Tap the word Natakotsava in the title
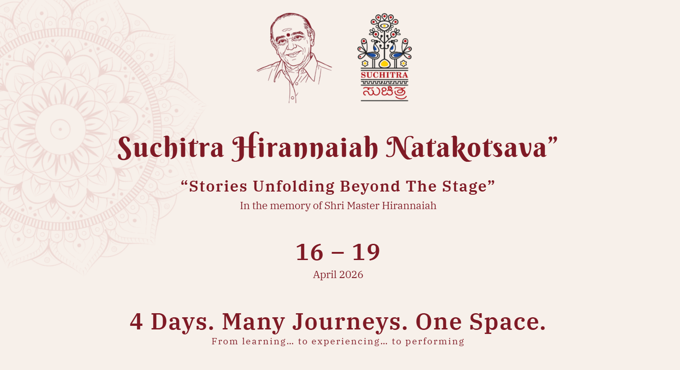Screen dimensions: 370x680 [466, 147]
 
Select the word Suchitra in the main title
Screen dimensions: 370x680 [171, 147]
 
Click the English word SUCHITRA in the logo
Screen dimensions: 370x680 [384, 75]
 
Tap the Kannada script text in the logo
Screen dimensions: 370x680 [384, 92]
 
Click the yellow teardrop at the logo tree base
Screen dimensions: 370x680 [384, 64]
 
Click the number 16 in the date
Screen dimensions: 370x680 [310, 252]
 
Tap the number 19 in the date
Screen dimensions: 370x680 [366, 252]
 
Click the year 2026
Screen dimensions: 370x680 [351, 275]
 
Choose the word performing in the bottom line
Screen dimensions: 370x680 [434, 342]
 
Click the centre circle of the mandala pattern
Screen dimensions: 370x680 [60, 130]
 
